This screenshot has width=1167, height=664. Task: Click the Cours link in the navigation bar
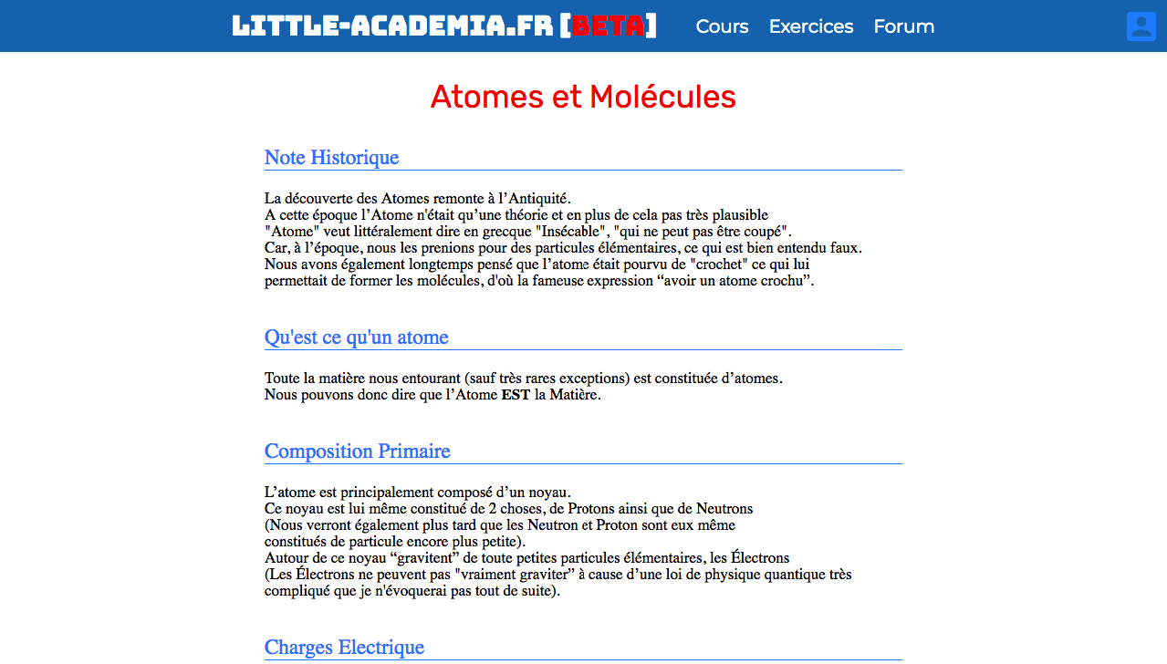coord(722,26)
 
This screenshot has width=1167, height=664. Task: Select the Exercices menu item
coord(811,26)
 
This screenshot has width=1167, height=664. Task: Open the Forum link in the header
coord(903,26)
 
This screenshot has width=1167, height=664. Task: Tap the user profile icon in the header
coord(1141,26)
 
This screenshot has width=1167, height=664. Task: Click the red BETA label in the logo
coord(608,26)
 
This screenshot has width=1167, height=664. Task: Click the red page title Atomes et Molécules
coord(583,97)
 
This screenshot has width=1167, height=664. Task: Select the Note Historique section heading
coord(331,158)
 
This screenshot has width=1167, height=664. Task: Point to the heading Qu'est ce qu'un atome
coord(356,337)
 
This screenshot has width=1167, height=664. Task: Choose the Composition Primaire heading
coord(357,451)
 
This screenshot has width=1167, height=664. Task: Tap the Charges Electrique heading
coord(344,648)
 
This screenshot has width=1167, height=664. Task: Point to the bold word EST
coord(516,396)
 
